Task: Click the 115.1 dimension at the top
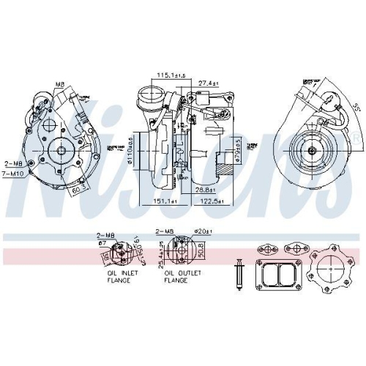pos(171,75)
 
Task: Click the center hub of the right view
pos(313,150)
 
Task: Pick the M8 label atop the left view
pos(59,84)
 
